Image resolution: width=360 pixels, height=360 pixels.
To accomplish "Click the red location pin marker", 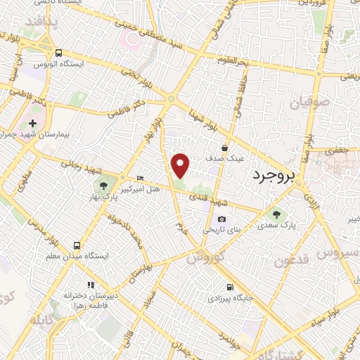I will point(181,165).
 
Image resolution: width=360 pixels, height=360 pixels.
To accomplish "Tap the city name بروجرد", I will point(275,174).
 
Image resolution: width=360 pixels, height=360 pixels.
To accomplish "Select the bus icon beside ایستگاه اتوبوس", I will point(58,52).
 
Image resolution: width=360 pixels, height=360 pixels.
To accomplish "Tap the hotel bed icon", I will point(140,179).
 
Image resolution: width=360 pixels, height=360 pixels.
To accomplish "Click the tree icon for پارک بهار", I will point(103,186).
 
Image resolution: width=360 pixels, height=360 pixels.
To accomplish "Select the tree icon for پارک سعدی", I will point(274,215).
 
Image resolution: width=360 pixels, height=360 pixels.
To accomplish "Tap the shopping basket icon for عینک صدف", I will point(224,148).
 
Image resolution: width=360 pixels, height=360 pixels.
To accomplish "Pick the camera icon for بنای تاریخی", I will point(222,219).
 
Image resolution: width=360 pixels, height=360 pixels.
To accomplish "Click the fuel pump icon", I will point(230,287).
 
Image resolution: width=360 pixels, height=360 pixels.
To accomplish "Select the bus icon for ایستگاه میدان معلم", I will point(76,246).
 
